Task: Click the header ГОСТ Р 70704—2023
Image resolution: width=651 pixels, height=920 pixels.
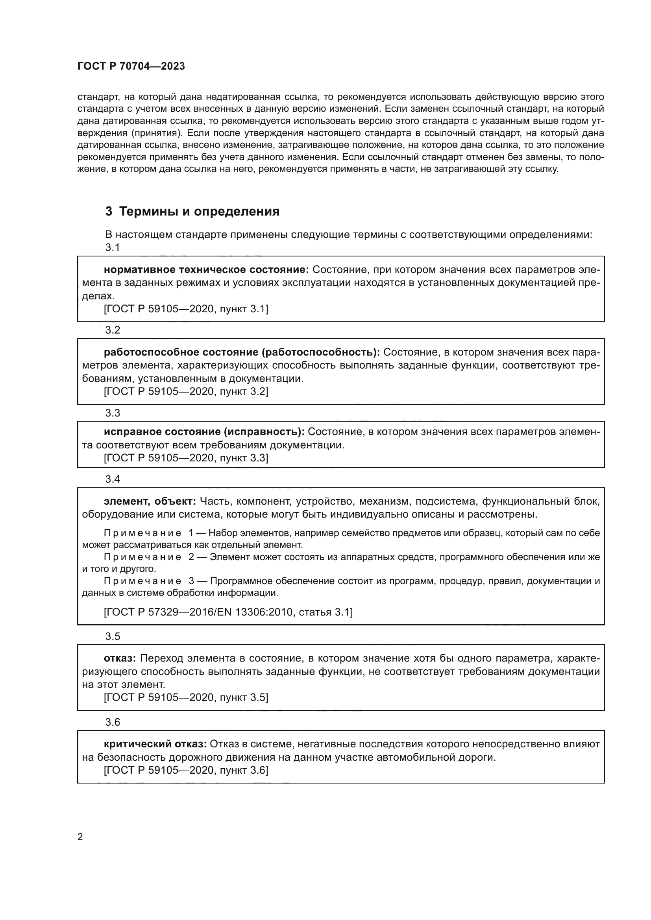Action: (x=131, y=66)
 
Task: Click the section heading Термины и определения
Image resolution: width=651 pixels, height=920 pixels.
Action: (x=192, y=211)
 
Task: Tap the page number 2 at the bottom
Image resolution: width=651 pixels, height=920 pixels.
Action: (x=80, y=837)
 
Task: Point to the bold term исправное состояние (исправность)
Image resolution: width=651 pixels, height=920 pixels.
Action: (x=204, y=431)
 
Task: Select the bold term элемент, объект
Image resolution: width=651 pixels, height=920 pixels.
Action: (x=150, y=501)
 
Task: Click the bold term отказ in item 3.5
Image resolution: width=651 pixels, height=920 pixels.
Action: (x=120, y=658)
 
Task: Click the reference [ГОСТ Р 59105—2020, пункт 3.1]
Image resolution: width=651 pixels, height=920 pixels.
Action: (x=186, y=309)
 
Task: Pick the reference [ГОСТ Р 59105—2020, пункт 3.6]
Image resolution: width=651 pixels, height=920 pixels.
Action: (x=186, y=770)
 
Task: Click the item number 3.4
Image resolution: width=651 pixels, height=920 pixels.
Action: (x=113, y=479)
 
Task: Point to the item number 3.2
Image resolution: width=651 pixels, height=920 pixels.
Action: (x=113, y=330)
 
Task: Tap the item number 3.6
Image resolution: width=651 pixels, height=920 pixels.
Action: (x=113, y=722)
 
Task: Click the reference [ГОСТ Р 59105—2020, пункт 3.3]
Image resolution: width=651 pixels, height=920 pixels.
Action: (x=186, y=458)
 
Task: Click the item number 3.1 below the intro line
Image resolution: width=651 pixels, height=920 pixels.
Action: (x=113, y=248)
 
